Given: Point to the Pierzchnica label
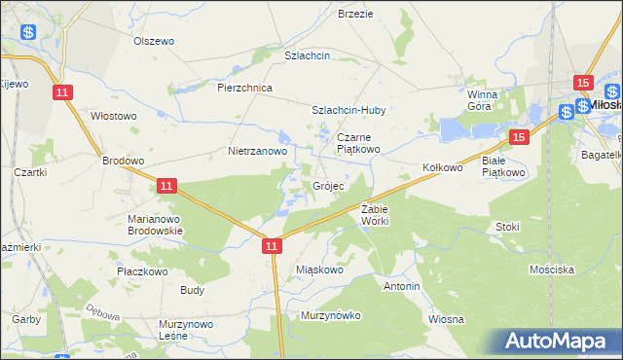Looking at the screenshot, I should (245, 88).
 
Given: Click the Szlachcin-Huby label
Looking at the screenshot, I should (348, 110).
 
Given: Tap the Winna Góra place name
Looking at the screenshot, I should (482, 100).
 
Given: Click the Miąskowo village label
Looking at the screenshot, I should (319, 270).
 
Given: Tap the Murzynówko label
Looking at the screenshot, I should (331, 315).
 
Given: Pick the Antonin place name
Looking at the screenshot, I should (401, 287).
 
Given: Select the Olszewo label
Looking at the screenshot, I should (153, 42).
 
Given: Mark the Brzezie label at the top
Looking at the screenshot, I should (355, 15).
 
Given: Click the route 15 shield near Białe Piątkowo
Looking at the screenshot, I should (518, 138).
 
